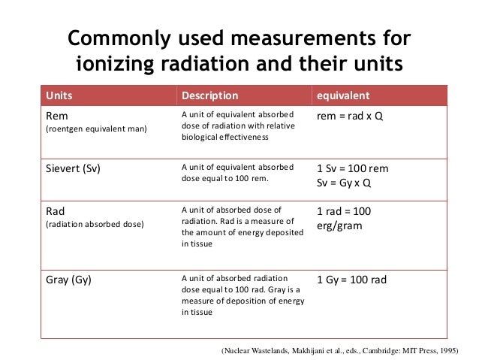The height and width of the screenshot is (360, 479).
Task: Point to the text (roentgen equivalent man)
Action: coord(97,130)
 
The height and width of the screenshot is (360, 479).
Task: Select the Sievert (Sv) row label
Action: coord(73,168)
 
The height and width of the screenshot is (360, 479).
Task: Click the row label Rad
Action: coord(57,211)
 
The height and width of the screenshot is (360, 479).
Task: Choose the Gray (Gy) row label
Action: coord(69,280)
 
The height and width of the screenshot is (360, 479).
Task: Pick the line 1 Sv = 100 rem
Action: coord(353,168)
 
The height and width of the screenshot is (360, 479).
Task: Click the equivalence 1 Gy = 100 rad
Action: coord(352,280)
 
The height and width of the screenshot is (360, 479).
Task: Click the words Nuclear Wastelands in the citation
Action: coord(254,349)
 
